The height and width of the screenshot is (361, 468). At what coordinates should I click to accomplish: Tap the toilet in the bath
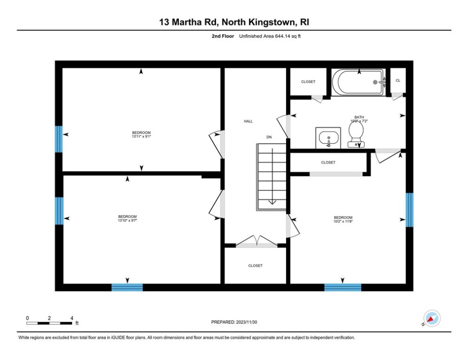pyautogui.click(x=356, y=133)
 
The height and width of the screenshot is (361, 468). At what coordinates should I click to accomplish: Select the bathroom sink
pyautogui.click(x=328, y=137)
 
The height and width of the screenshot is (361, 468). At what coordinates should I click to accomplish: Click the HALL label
pyautogui.click(x=248, y=121)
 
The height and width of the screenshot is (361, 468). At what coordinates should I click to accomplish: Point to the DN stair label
pyautogui.click(x=269, y=137)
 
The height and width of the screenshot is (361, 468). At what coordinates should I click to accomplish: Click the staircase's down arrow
pyautogui.click(x=272, y=201)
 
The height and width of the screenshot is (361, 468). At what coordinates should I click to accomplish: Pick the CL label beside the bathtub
pyautogui.click(x=398, y=81)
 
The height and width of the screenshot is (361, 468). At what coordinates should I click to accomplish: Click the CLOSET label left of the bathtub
pyautogui.click(x=308, y=82)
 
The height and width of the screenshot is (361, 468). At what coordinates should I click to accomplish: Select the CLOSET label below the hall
pyautogui.click(x=255, y=266)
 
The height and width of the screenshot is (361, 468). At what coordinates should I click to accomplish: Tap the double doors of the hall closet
pyautogui.click(x=256, y=242)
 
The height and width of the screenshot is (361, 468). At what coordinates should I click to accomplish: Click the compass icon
pyautogui.click(x=431, y=318)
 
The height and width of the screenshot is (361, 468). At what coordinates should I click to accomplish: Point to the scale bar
pyautogui.click(x=49, y=323)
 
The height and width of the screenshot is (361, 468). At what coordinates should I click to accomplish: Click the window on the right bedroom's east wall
pyautogui.click(x=409, y=209)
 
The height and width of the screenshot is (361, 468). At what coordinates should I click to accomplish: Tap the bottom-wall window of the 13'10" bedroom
pyautogui.click(x=127, y=287)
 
